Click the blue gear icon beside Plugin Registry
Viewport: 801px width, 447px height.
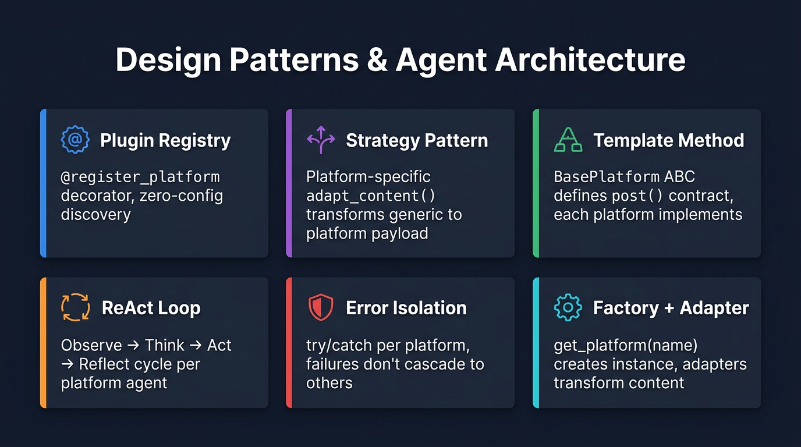click(76, 140)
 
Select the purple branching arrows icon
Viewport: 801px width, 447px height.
click(321, 140)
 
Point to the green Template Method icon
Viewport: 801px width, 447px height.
click(568, 140)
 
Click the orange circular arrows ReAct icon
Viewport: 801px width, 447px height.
click(76, 308)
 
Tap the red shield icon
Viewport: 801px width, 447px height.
click(321, 308)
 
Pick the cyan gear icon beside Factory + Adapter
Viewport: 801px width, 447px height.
click(568, 308)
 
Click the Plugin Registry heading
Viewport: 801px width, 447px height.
click(165, 140)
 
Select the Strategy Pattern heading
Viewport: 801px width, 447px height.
click(417, 140)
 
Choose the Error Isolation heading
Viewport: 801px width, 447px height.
click(406, 308)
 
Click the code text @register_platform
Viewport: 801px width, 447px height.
click(140, 176)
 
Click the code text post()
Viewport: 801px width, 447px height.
click(639, 196)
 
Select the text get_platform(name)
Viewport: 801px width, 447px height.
click(625, 345)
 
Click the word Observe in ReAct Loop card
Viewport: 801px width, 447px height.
click(91, 345)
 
